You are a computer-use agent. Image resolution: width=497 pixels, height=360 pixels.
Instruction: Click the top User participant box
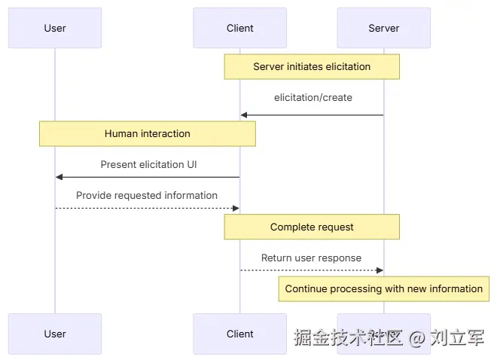[x=55, y=29]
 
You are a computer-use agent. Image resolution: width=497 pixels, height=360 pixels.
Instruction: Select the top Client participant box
[x=239, y=29]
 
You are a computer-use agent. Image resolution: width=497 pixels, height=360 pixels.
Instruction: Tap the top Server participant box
[x=383, y=29]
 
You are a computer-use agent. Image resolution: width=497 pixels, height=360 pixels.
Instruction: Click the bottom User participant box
[x=55, y=334]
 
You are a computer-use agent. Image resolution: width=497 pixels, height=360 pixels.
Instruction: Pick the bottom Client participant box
[x=239, y=334]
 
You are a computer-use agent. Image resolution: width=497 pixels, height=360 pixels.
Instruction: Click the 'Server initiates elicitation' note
[x=312, y=67]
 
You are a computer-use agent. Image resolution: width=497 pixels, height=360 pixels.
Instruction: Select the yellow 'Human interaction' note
[x=148, y=134]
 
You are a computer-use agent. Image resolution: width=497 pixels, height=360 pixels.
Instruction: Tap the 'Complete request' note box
[x=312, y=227]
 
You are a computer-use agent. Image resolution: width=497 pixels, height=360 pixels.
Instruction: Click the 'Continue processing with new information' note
[x=383, y=288]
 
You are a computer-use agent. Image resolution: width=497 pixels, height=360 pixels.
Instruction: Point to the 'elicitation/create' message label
[x=313, y=98]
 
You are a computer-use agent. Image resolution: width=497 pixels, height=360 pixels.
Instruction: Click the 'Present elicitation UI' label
[x=148, y=164]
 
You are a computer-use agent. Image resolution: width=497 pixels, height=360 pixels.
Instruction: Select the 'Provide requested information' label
[x=147, y=195]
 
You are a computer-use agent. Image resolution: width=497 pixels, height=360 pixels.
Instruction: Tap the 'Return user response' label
[x=311, y=258]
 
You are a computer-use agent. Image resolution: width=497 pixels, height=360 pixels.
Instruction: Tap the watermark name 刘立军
[x=457, y=338]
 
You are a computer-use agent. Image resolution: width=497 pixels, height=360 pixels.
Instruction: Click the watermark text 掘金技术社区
[x=349, y=338]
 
